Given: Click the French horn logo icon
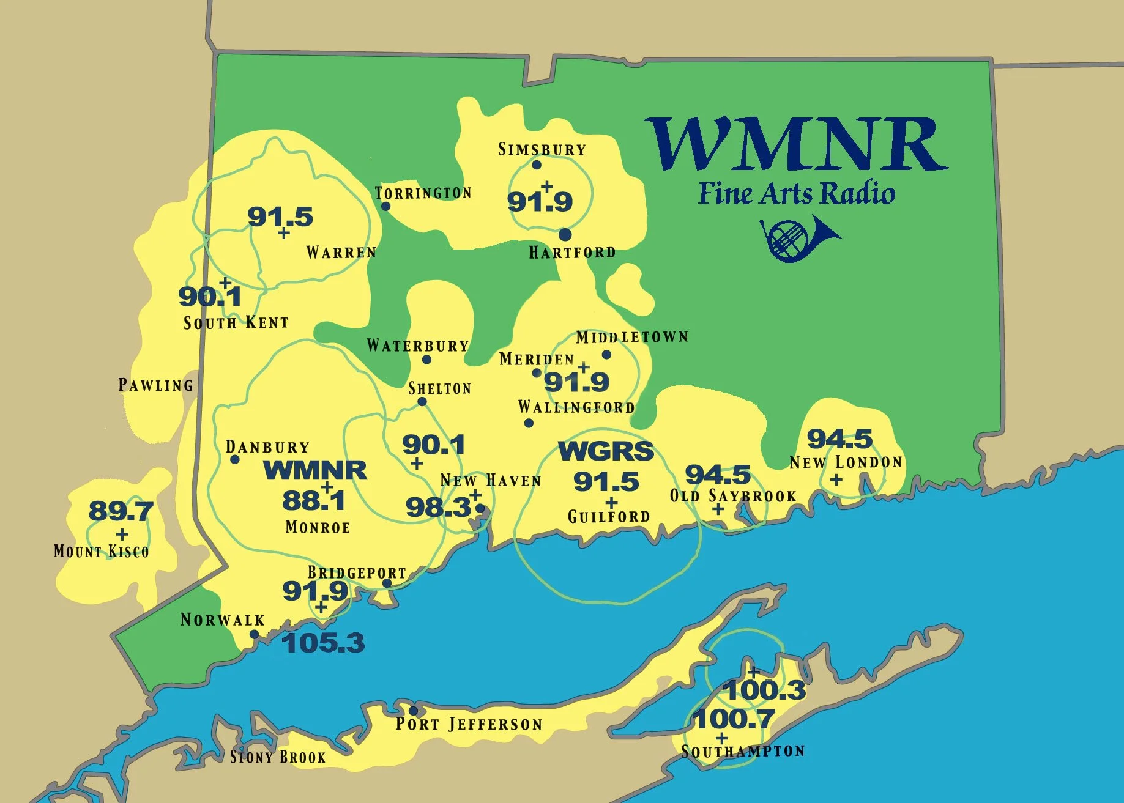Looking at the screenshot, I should click(798, 239).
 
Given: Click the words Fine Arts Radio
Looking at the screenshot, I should click(797, 193).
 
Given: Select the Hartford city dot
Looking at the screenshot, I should click(565, 234).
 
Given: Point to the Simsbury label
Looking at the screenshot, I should click(542, 149).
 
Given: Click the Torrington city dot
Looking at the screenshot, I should click(385, 206).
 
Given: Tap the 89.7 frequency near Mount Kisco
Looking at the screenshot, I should click(121, 511).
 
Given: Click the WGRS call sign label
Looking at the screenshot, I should click(606, 451).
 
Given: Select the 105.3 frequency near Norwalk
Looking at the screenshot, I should click(323, 643).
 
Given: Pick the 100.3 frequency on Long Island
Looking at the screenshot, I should click(765, 690).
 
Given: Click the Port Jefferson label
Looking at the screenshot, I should click(469, 725).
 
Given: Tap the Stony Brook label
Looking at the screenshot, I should click(278, 757).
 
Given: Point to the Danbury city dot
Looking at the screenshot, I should click(235, 459).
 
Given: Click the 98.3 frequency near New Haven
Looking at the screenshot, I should click(438, 507).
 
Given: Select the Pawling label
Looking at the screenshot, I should click(155, 385).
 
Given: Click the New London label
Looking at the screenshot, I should click(846, 462).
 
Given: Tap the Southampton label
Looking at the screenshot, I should click(743, 751).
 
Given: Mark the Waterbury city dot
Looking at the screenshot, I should click(426, 360).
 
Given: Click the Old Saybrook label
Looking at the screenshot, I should click(733, 496).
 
